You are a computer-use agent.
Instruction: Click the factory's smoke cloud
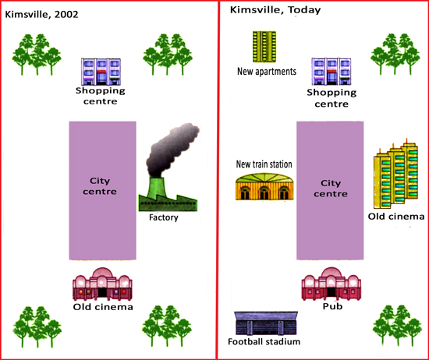(171, 149)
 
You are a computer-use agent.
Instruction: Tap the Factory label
(164, 217)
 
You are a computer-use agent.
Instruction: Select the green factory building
(168, 196)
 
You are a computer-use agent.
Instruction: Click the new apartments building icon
(264, 47)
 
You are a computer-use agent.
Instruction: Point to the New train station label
(264, 164)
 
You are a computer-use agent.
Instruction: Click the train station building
(264, 186)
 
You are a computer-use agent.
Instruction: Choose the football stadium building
(266, 323)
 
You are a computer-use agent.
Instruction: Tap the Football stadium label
(264, 341)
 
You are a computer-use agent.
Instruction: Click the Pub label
(332, 306)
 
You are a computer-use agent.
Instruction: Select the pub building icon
(331, 284)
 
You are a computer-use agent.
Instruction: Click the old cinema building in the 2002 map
(102, 284)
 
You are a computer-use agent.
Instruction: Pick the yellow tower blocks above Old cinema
(396, 175)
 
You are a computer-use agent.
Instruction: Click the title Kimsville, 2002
(41, 14)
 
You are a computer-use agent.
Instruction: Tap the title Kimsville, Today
(275, 10)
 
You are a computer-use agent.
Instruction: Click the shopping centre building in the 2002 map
(101, 72)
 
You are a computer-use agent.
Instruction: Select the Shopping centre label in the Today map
(331, 98)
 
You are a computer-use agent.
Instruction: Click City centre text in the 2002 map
(100, 186)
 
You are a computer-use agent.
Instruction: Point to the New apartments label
(267, 72)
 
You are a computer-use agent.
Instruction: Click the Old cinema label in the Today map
(396, 217)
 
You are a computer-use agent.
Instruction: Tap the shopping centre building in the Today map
(331, 72)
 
